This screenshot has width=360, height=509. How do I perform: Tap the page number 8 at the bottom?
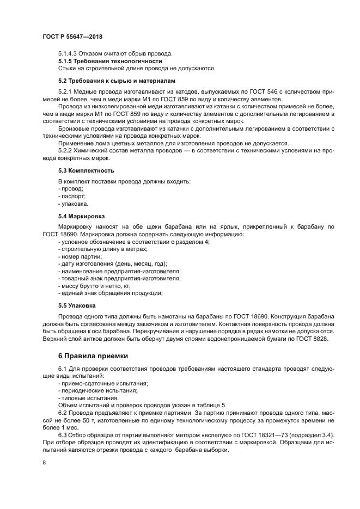click(44, 462)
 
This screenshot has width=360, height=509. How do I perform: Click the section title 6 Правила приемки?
click(86, 356)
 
